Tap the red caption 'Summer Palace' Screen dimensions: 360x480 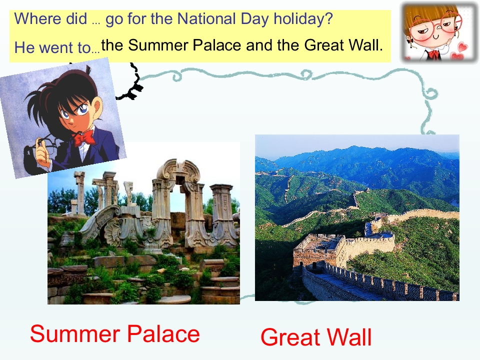tap(114, 334)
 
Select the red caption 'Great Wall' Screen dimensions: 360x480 tap(316, 337)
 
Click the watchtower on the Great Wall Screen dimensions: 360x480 tap(320, 247)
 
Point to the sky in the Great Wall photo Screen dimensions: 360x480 tap(350, 142)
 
